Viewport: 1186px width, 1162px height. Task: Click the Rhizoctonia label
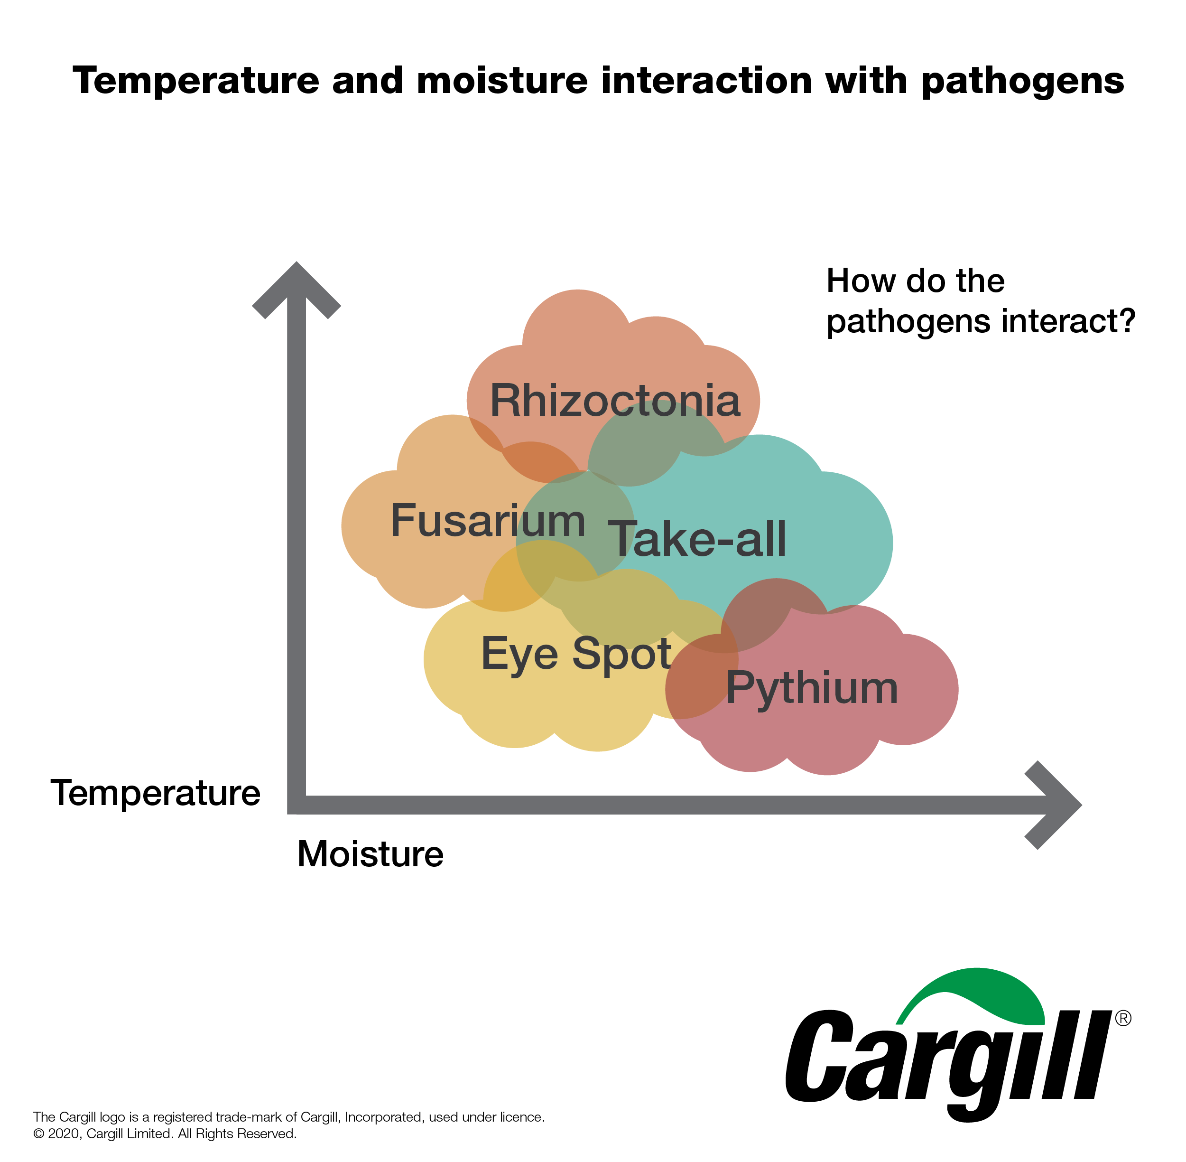click(615, 401)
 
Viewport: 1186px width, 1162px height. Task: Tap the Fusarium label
click(488, 521)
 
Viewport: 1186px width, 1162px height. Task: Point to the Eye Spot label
click(576, 654)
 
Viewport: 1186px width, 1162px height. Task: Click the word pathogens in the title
click(1022, 81)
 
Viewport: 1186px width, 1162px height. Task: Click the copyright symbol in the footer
click(39, 1134)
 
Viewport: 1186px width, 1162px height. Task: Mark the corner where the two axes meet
click(296, 805)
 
